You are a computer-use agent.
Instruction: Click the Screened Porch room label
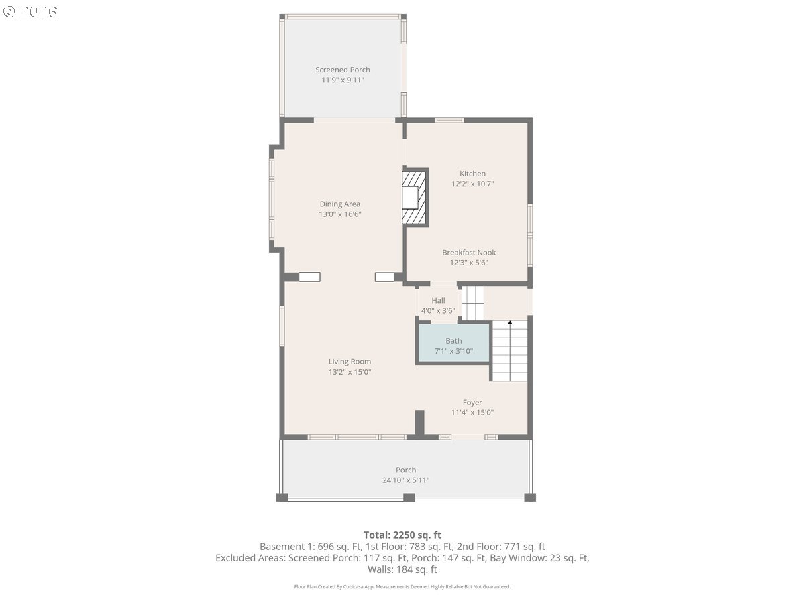(343, 70)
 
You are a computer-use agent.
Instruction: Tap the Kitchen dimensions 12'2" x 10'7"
(472, 184)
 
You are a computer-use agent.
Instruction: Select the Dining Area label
(339, 204)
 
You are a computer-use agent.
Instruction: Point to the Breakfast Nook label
(469, 253)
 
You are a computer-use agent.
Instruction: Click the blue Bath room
(453, 343)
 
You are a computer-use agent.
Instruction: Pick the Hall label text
(438, 301)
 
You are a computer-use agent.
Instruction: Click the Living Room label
(350, 362)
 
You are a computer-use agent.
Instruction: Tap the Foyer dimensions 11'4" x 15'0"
(472, 413)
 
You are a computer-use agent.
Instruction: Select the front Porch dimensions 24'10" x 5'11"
(406, 480)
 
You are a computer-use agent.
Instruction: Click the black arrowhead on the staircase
(510, 322)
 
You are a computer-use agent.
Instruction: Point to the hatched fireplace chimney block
(415, 198)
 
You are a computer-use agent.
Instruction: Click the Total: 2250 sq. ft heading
(402, 535)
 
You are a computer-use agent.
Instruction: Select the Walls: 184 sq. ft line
(402, 569)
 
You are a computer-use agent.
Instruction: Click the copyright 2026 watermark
(30, 11)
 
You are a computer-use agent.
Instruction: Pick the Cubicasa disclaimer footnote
(402, 586)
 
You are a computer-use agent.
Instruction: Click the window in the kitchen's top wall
(449, 120)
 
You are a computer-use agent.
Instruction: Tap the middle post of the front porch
(409, 498)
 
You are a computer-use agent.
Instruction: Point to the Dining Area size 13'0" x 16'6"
(339, 214)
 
